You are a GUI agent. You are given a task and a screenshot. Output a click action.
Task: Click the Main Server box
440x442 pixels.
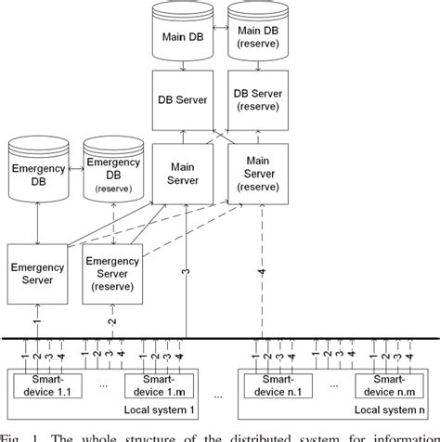[184, 175]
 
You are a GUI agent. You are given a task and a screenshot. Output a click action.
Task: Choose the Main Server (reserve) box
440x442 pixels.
[257, 175]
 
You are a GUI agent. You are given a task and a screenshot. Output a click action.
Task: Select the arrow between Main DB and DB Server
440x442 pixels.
[184, 68]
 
